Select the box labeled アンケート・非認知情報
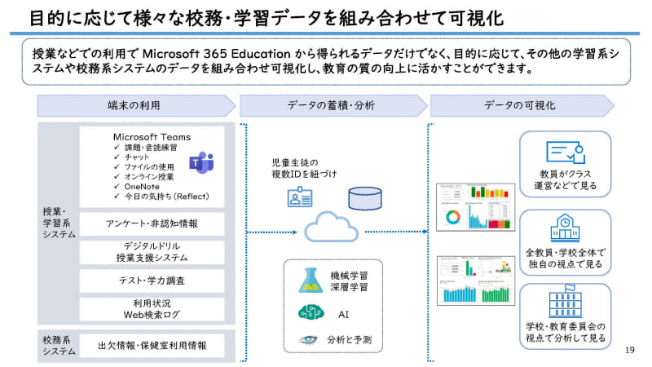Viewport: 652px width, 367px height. tap(152, 223)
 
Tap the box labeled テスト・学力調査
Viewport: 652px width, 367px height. tap(152, 281)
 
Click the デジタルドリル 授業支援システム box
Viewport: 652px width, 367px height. tap(152, 251)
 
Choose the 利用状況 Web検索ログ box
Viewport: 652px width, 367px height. tap(152, 308)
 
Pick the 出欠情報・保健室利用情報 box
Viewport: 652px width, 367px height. tap(152, 345)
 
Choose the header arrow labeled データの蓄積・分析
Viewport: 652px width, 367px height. tap(329, 105)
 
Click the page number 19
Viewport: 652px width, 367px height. tap(628, 350)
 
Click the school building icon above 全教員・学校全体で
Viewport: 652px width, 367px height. tap(565, 226)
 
